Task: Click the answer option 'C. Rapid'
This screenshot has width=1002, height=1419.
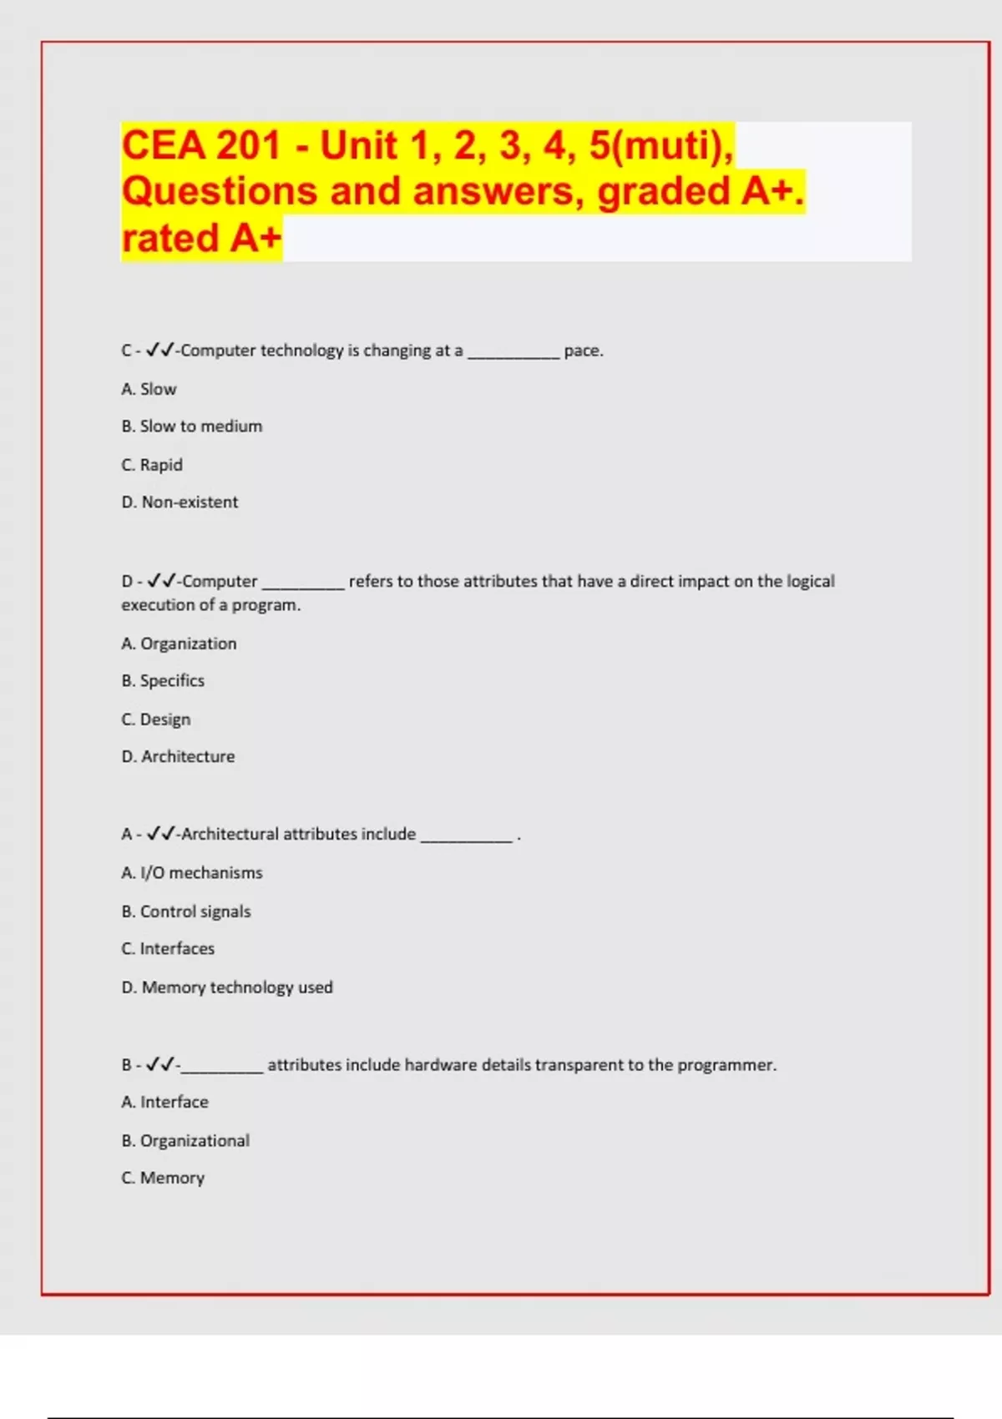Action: click(152, 465)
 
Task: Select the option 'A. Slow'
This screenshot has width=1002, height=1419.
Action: click(149, 389)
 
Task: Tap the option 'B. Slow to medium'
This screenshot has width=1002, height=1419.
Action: click(192, 427)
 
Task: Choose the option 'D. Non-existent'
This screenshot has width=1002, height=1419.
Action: click(180, 502)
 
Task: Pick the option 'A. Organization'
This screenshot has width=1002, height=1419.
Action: click(179, 644)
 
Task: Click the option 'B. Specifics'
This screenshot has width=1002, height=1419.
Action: click(163, 681)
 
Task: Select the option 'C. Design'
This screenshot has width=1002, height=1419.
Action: click(156, 720)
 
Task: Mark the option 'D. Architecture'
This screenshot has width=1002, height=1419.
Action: click(178, 757)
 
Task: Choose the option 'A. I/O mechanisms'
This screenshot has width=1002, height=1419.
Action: click(192, 873)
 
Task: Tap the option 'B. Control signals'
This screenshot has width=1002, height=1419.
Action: click(186, 911)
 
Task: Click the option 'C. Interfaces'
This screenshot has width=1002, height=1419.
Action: click(168, 949)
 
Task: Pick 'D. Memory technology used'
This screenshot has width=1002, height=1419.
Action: click(227, 987)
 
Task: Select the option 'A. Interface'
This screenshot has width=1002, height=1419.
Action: click(164, 1103)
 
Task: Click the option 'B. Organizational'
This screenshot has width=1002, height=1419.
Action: click(185, 1141)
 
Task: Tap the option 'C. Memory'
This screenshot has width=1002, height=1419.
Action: click(163, 1179)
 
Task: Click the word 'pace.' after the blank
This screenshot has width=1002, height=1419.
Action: click(584, 351)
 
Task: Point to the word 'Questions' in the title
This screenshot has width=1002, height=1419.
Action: click(220, 191)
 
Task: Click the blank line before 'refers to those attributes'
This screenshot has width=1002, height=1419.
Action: click(303, 587)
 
